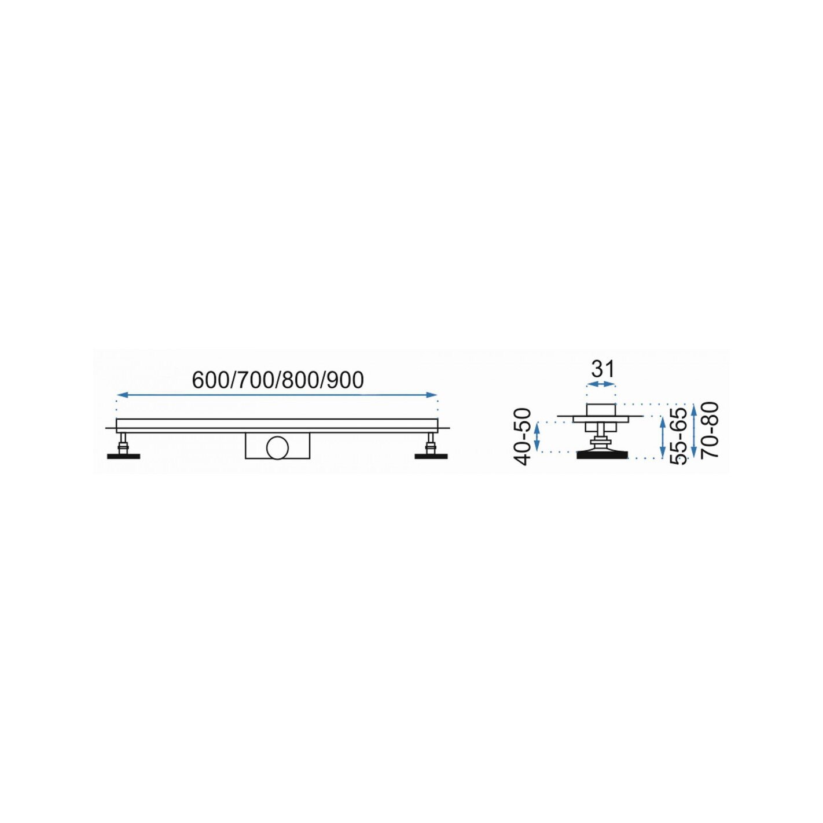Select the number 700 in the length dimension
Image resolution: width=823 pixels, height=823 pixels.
(251, 380)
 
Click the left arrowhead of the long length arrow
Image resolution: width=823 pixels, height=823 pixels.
(122, 395)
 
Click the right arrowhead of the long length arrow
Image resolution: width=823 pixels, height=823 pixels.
(433, 395)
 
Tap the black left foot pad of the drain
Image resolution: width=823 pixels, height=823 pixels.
(123, 456)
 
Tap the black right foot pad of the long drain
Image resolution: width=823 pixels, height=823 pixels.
(432, 456)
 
